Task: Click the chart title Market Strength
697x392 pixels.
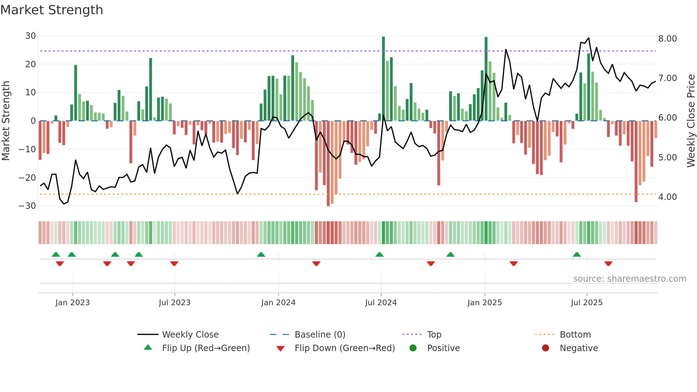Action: coord(52,10)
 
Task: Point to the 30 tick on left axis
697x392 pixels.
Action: coord(31,36)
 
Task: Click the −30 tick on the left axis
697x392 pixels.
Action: coord(27,206)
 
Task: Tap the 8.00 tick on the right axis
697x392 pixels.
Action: coord(667,39)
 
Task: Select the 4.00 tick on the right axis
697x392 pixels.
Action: coord(667,197)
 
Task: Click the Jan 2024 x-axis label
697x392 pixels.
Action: coord(278,303)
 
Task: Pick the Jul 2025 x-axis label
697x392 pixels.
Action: coord(586,303)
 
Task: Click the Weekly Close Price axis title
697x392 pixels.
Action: coord(691,121)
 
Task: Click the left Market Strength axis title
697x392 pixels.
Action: coord(6,121)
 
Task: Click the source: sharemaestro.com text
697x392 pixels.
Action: coord(629,279)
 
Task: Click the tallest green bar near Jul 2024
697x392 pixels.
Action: coord(383,78)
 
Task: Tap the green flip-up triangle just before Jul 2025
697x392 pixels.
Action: coord(577,255)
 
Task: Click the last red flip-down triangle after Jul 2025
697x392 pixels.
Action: coord(608,264)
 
